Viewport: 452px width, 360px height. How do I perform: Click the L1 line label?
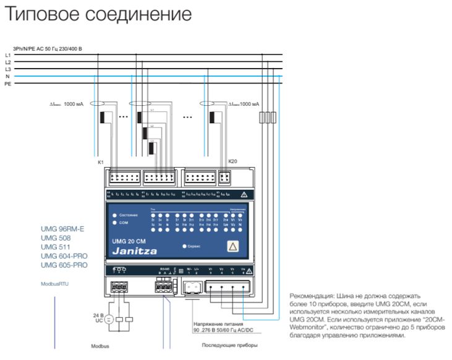click(8, 55)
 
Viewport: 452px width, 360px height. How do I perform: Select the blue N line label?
click(7, 76)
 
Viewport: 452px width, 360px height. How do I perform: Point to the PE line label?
click(8, 83)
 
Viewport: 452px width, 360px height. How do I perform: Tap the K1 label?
click(101, 161)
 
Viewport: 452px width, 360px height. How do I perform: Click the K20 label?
click(232, 161)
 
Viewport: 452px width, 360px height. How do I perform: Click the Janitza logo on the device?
click(135, 251)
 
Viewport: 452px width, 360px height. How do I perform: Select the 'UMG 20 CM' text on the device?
click(129, 241)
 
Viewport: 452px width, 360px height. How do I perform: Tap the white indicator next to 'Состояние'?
click(114, 214)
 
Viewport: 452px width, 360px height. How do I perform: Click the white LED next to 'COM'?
click(114, 222)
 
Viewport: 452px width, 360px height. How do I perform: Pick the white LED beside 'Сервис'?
click(184, 246)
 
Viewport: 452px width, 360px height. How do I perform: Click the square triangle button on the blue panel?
click(233, 246)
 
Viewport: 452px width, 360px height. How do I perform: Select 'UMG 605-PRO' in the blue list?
click(64, 265)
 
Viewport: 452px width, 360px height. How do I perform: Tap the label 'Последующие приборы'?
click(229, 345)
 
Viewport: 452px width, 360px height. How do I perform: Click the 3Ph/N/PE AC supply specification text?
click(47, 48)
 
